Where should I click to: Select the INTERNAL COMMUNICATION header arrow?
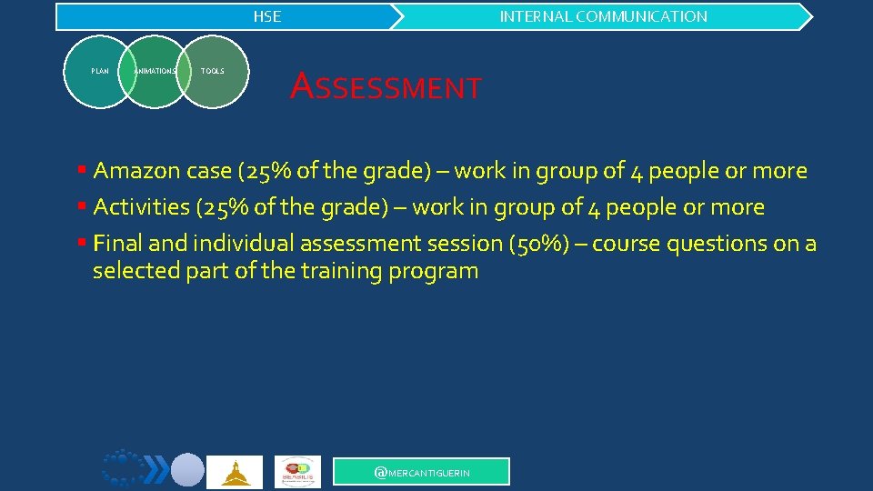pos(603,16)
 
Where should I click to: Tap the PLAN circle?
pos(99,71)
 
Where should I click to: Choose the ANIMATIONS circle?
pos(155,71)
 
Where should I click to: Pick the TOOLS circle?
pos(213,71)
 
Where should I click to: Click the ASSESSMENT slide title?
pos(386,87)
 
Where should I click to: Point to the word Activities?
pos(141,207)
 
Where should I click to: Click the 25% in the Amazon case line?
pos(265,171)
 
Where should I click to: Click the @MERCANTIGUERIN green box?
pos(422,472)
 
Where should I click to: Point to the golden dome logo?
pos(235,472)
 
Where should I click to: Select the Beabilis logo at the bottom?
pos(297,472)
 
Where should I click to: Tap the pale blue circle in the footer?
pos(188,470)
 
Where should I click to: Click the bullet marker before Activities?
pos(82,206)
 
